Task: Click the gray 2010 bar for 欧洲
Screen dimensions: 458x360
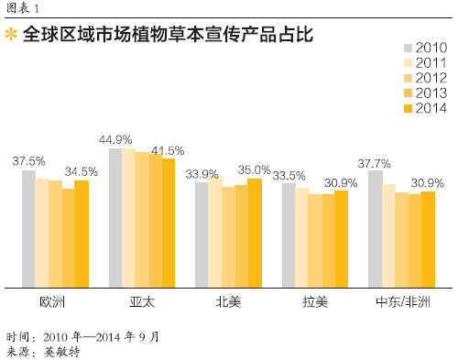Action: (28, 229)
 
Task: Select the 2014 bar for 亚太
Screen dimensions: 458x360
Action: (169, 223)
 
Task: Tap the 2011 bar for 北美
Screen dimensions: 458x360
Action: (215, 232)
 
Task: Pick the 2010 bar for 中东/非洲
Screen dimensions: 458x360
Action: (376, 229)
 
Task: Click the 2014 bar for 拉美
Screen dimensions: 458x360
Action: (342, 239)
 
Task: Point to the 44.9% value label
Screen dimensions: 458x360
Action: (115, 140)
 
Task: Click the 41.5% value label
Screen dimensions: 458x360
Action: (168, 150)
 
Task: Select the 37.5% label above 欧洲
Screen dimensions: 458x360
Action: (29, 161)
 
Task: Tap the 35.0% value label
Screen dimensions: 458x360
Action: (255, 169)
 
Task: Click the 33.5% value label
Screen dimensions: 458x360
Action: (289, 176)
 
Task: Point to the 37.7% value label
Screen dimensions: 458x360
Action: (374, 164)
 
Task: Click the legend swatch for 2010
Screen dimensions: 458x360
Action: (408, 48)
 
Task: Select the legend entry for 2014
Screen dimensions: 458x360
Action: (425, 108)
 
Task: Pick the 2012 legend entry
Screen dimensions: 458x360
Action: (425, 78)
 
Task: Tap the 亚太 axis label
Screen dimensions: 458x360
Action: (142, 302)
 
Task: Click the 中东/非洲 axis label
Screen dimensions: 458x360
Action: (403, 302)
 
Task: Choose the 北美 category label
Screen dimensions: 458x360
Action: (228, 302)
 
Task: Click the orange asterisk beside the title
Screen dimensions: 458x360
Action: (11, 34)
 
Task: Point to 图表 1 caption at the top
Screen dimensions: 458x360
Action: (23, 8)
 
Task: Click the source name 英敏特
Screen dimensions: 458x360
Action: (61, 352)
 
